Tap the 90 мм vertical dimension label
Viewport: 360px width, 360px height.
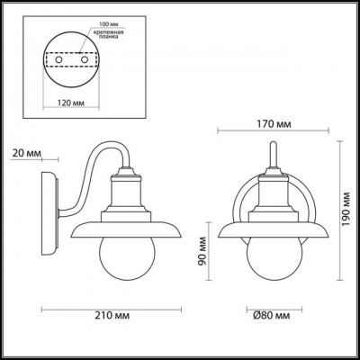click(x=204, y=262)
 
